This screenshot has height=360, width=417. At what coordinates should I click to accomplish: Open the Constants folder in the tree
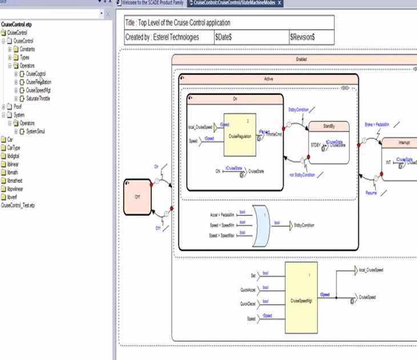(x=27, y=49)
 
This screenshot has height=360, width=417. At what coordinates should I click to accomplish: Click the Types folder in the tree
(x=24, y=57)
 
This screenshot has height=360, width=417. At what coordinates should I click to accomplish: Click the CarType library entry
(x=14, y=147)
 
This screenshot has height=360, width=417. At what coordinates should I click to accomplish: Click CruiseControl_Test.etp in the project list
(x=18, y=205)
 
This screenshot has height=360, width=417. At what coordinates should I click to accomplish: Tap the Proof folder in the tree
(x=17, y=106)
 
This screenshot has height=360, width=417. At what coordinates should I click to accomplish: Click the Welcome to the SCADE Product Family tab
(x=151, y=3)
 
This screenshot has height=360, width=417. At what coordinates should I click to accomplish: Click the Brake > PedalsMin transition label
(x=376, y=123)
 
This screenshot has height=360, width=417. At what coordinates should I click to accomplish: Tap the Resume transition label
(x=371, y=193)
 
